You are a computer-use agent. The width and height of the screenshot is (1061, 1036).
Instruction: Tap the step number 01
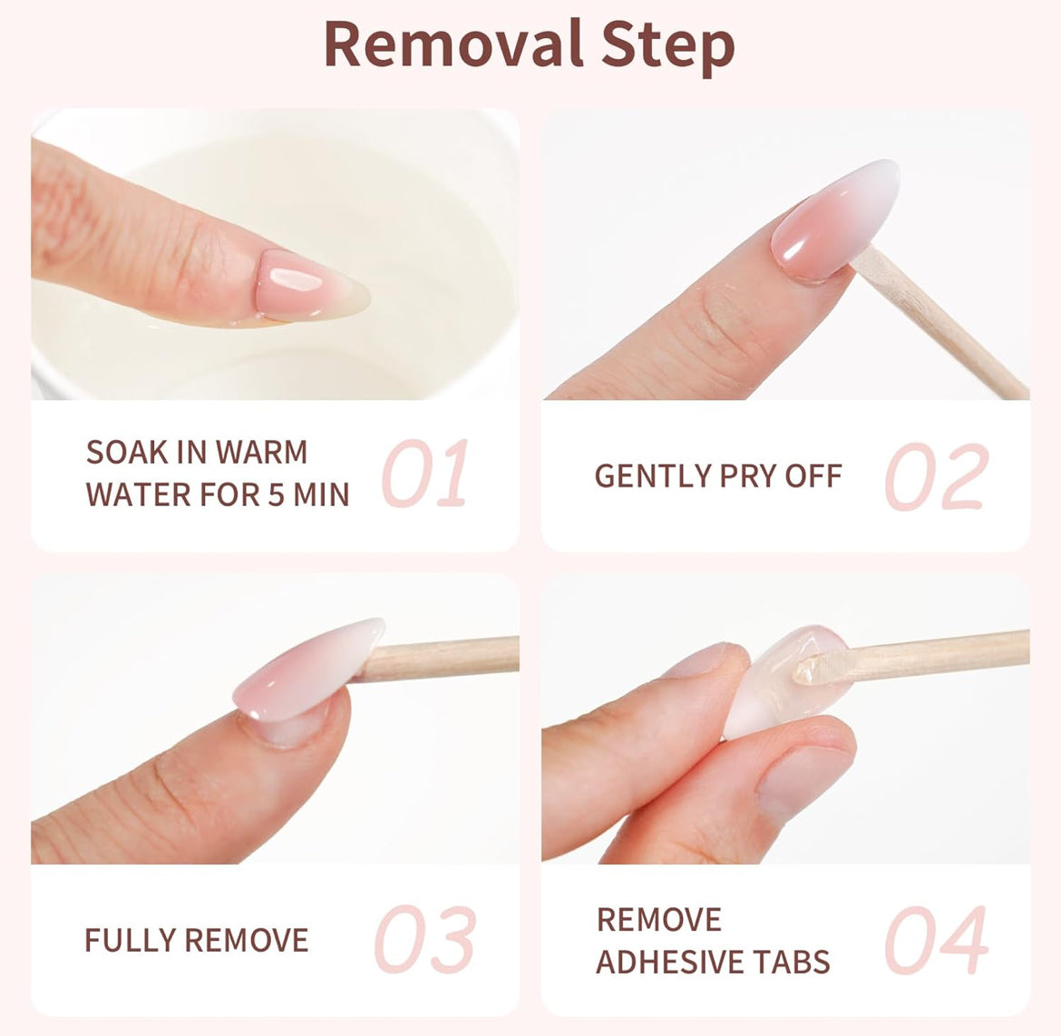(424, 474)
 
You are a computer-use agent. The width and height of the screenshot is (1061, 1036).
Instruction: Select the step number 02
(936, 476)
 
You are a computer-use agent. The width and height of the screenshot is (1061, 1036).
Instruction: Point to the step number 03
(424, 940)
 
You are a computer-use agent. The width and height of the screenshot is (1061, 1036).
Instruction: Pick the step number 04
(936, 940)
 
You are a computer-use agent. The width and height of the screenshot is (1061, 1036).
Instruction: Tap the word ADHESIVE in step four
(673, 962)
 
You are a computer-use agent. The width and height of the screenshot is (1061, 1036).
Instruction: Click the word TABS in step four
(794, 962)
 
